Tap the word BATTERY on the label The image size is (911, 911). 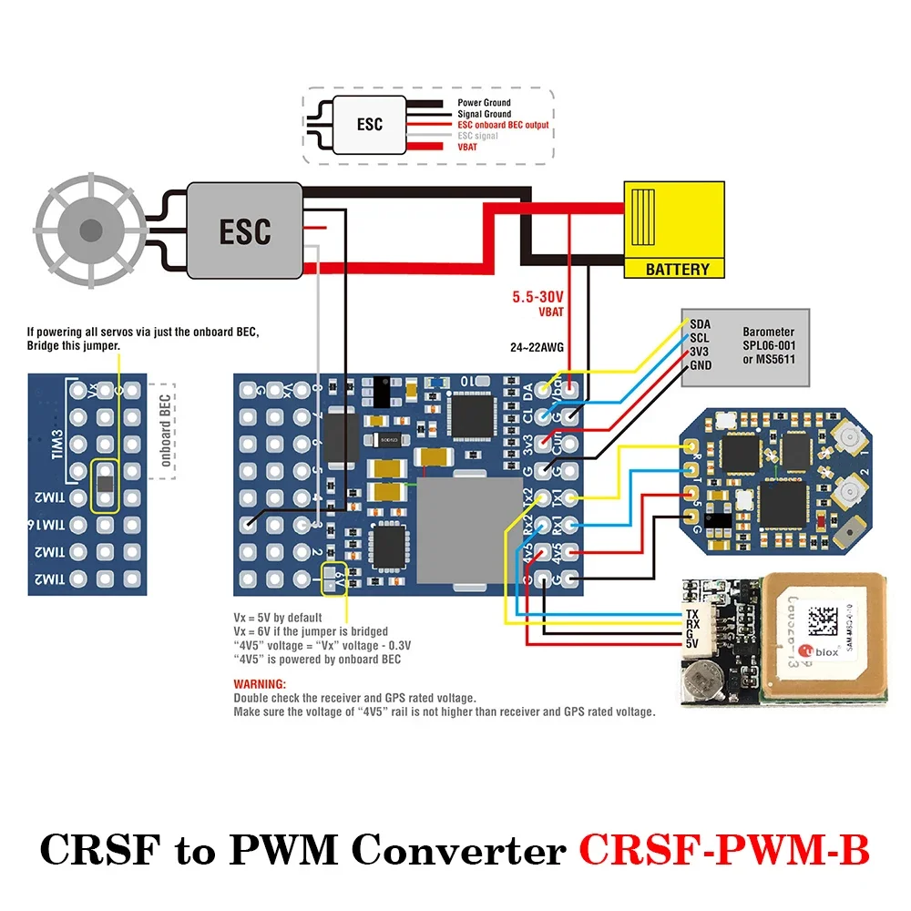click(677, 270)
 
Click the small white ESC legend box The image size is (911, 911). click(369, 125)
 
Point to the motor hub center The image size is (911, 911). click(89, 230)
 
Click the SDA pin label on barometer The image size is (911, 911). click(701, 324)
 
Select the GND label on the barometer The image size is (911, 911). click(701, 365)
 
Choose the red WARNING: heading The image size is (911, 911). click(260, 683)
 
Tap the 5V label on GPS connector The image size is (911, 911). click(692, 644)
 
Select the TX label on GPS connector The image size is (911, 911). click(692, 614)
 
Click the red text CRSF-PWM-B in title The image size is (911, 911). click(724, 851)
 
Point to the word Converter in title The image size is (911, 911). click(458, 851)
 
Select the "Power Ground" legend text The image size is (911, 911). click(484, 103)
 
